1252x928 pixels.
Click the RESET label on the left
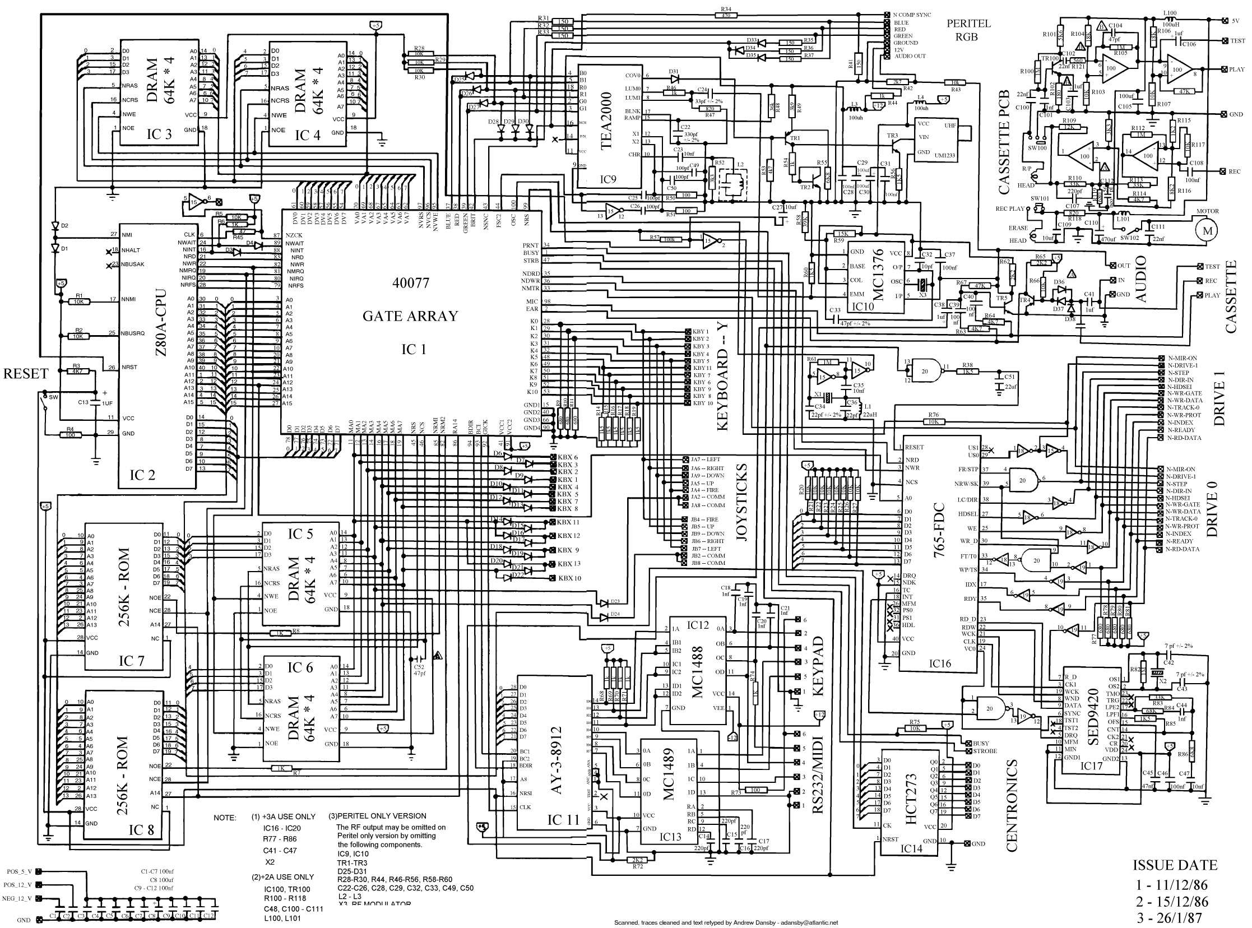(x=26, y=374)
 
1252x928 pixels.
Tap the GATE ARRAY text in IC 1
(x=411, y=316)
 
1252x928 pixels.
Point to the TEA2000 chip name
(x=607, y=120)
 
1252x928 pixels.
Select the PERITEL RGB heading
(x=969, y=30)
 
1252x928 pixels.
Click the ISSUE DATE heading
(x=1175, y=865)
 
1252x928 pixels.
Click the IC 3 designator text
(x=159, y=134)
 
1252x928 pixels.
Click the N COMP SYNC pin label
(x=912, y=15)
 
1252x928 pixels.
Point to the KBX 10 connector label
(x=569, y=578)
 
